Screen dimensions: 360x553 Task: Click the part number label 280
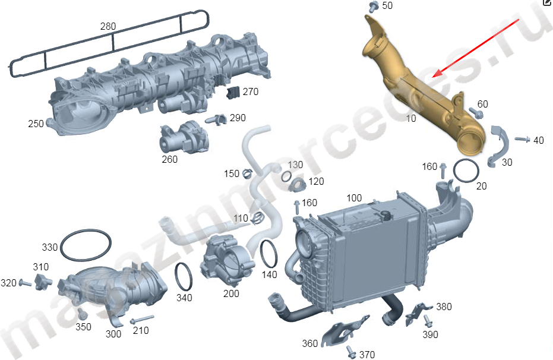(x=108, y=26)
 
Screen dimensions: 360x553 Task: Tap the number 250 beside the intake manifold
(x=36, y=124)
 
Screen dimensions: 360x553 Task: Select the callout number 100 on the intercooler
(x=354, y=198)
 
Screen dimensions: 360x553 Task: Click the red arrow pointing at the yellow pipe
(x=476, y=47)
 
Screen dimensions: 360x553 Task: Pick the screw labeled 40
(x=521, y=139)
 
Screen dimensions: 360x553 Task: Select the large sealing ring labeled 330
(x=86, y=245)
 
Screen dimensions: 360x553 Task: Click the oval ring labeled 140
(x=268, y=254)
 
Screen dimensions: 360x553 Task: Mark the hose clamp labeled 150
(x=248, y=174)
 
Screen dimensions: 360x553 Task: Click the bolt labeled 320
(x=26, y=283)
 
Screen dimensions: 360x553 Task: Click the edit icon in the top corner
(x=547, y=3)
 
